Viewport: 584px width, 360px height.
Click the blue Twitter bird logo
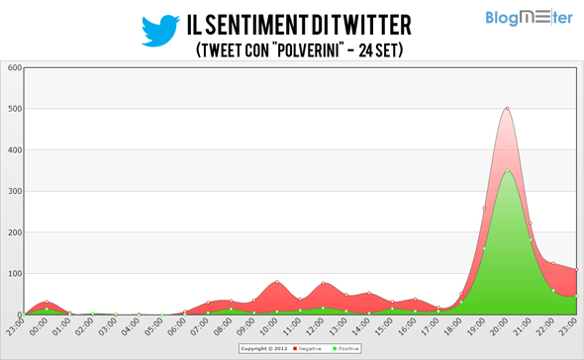pyautogui.click(x=159, y=30)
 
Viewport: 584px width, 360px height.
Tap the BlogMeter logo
pyautogui.click(x=528, y=18)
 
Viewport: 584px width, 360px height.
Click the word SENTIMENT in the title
pyautogui.click(x=274, y=23)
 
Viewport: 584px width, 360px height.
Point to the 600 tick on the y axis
pyautogui.click(x=14, y=67)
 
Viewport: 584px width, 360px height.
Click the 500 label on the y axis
pyautogui.click(x=14, y=109)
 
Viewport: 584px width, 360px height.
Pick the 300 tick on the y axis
pyautogui.click(x=14, y=191)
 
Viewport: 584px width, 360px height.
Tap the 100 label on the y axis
pyautogui.click(x=14, y=273)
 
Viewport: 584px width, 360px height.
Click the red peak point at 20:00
pyautogui.click(x=507, y=109)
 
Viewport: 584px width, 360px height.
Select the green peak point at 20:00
pyautogui.click(x=507, y=170)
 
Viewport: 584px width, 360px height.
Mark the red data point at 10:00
pyautogui.click(x=277, y=282)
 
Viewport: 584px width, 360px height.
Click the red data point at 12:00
pyautogui.click(x=323, y=284)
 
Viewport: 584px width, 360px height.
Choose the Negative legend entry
pyautogui.click(x=311, y=348)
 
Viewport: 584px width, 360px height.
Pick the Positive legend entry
pyautogui.click(x=345, y=348)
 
